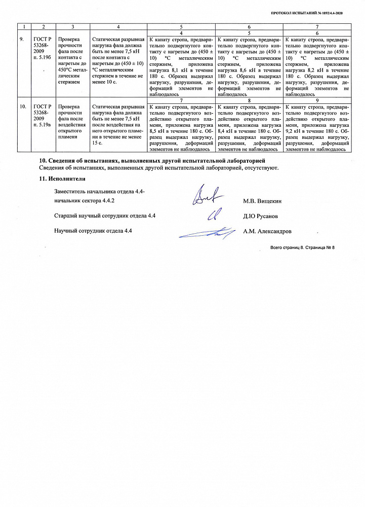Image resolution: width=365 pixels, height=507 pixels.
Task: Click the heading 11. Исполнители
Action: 62,178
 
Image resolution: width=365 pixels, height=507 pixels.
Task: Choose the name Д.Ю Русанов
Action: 260,216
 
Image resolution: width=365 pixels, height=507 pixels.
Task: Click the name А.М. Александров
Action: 267,231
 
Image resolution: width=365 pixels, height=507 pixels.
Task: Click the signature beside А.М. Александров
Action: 208,233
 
